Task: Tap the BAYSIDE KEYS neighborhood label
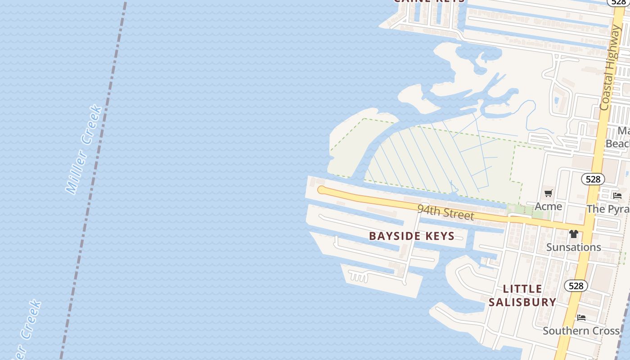412,236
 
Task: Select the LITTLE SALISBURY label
522,295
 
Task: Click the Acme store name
548,207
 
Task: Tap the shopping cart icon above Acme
548,193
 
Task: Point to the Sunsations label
573,247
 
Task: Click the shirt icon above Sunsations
573,234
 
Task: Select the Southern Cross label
581,331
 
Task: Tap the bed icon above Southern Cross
581,318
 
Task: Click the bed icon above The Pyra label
617,196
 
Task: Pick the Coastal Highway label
610,67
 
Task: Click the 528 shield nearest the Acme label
593,179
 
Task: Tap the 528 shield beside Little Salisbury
576,285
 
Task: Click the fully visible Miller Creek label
84,149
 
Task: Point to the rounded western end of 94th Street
321,190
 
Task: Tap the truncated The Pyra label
608,209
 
